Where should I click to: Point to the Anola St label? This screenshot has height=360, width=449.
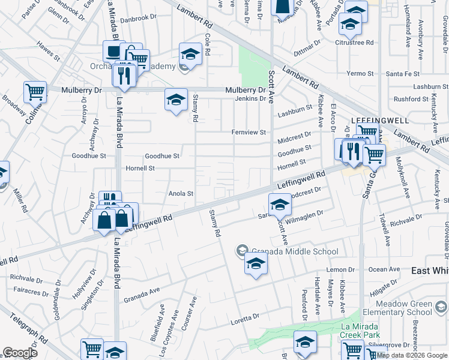click(181, 194)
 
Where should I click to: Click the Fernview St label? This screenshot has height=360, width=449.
click(249, 132)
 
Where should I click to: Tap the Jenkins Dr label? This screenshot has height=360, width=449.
click(250, 98)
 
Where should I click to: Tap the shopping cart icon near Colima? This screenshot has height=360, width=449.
click(35, 92)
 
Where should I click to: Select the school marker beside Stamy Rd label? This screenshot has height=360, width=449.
click(176, 100)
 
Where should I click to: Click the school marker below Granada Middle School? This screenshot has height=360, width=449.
click(256, 263)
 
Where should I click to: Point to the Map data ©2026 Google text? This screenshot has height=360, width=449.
click(412, 355)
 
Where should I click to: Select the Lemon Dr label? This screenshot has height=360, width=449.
click(337, 270)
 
